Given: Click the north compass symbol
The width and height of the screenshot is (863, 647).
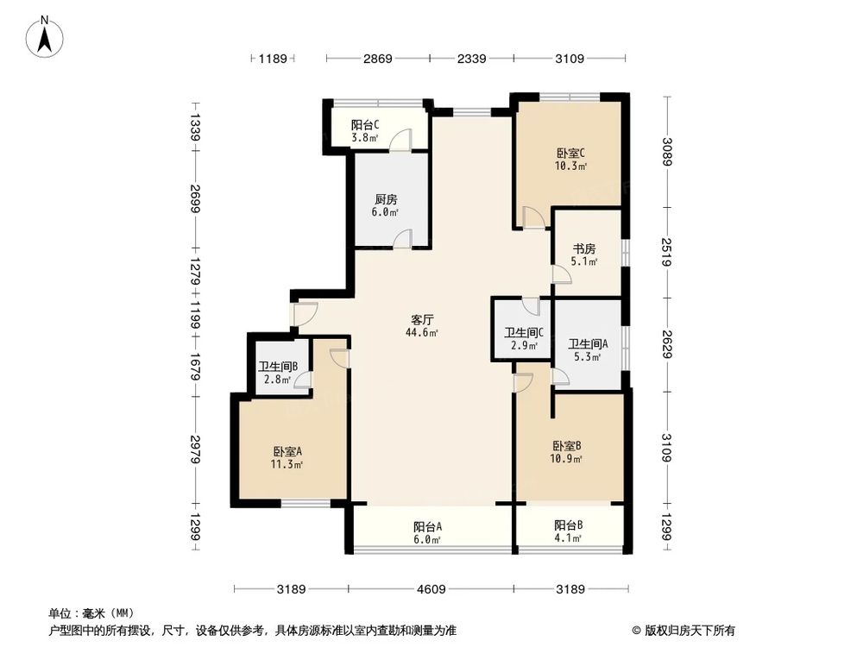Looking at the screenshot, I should [46, 35].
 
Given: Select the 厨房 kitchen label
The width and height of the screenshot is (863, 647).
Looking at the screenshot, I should [386, 199].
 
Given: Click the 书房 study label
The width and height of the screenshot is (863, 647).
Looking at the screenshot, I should [584, 249].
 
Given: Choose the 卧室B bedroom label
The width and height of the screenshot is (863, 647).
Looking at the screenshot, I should [567, 446].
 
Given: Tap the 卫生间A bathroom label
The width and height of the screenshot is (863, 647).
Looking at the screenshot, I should [588, 342].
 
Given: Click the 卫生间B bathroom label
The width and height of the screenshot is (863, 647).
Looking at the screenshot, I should [278, 366].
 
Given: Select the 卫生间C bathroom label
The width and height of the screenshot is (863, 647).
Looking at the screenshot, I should [523, 333].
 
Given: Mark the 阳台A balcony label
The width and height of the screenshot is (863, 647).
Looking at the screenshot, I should [427, 527].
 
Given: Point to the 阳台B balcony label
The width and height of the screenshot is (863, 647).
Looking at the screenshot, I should [568, 525].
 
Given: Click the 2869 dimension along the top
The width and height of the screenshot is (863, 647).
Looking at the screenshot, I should [377, 59].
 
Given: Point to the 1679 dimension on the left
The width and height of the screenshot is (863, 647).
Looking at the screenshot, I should [196, 368].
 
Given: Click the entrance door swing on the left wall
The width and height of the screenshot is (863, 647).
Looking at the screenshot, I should [304, 315].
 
